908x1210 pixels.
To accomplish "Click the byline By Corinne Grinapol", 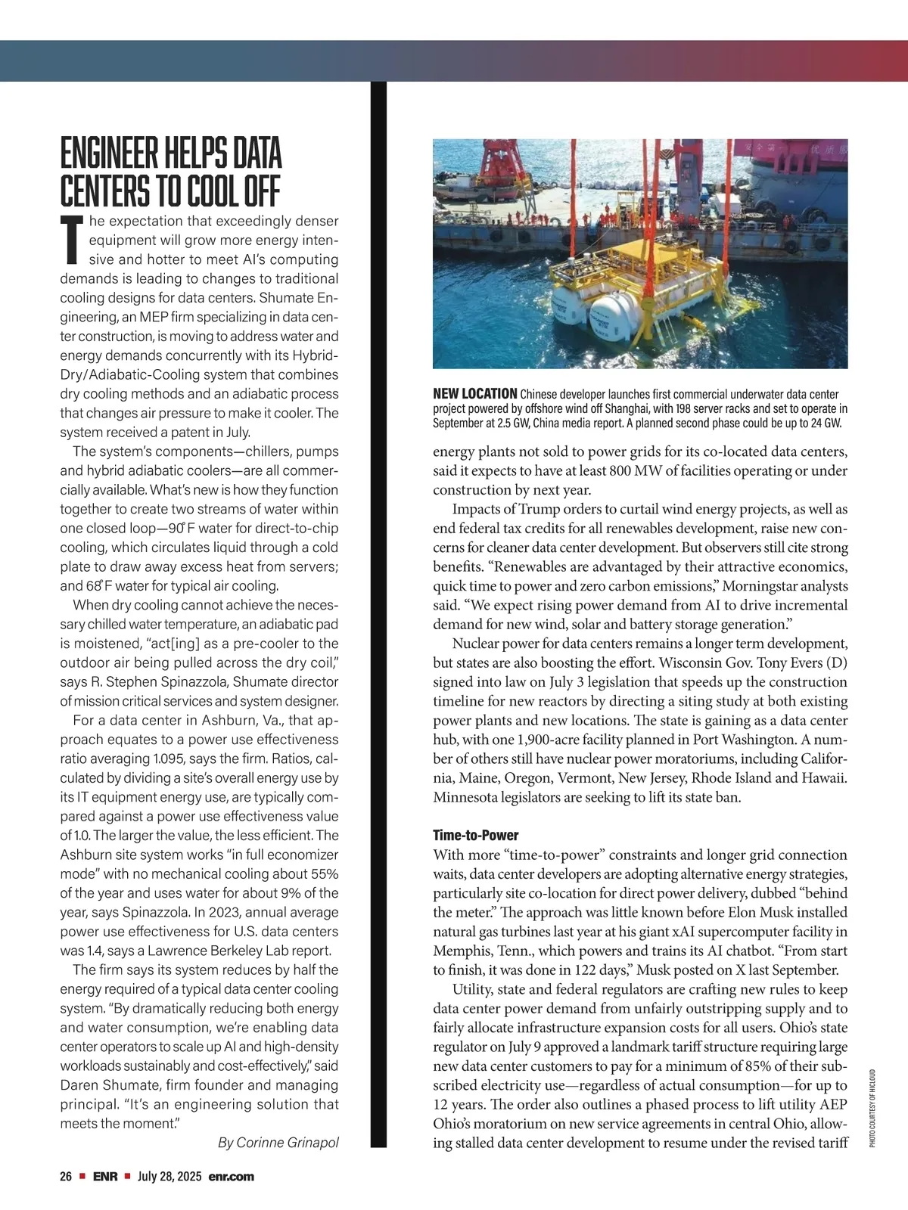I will [x=278, y=1143].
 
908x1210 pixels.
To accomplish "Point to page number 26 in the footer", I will [x=66, y=1177].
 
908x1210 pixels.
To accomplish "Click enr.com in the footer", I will [x=232, y=1177].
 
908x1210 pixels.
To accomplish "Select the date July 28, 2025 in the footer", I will [x=169, y=1177].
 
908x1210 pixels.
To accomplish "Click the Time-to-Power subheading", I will [x=475, y=835].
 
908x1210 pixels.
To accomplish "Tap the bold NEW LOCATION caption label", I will [x=474, y=394].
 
